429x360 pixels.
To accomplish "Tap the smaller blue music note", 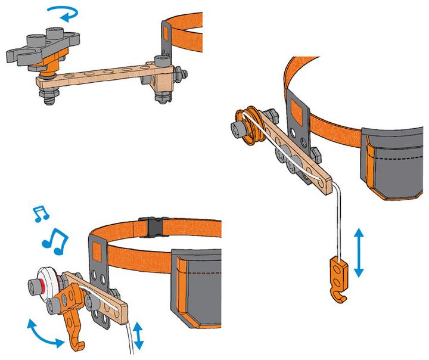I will (x=40, y=212).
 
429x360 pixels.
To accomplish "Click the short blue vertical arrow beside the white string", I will (x=138, y=335).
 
